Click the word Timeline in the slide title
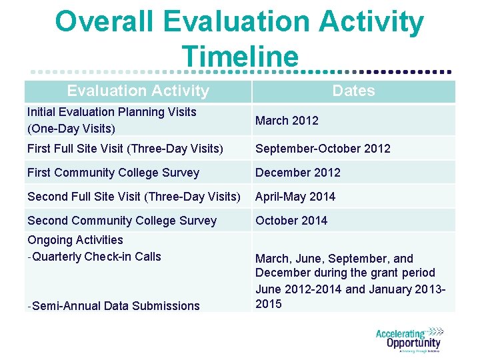[239, 56]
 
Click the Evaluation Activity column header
[138, 91]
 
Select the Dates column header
[353, 91]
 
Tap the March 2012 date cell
[287, 121]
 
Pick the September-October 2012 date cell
[323, 149]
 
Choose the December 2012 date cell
[297, 173]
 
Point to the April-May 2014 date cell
[295, 197]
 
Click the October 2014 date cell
[291, 221]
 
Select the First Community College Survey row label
[113, 173]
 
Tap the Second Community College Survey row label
[122, 221]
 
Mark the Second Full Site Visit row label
[134, 197]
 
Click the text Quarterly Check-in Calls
[96, 257]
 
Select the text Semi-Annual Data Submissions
[115, 306]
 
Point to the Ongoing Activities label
[75, 240]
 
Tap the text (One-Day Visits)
[71, 128]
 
